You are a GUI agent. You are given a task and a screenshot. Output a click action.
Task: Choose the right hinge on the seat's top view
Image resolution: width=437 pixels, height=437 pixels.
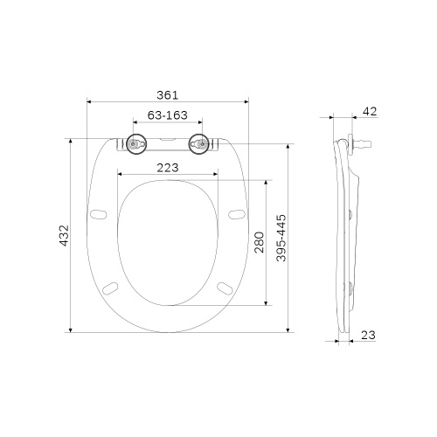(x=201, y=144)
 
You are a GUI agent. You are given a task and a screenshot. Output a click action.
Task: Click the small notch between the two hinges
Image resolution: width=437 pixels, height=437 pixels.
(x=168, y=139)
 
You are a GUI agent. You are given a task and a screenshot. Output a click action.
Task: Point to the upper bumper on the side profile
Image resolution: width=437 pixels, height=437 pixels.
(x=351, y=215)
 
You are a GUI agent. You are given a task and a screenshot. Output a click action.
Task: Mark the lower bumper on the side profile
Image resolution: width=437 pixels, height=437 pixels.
(x=351, y=288)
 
